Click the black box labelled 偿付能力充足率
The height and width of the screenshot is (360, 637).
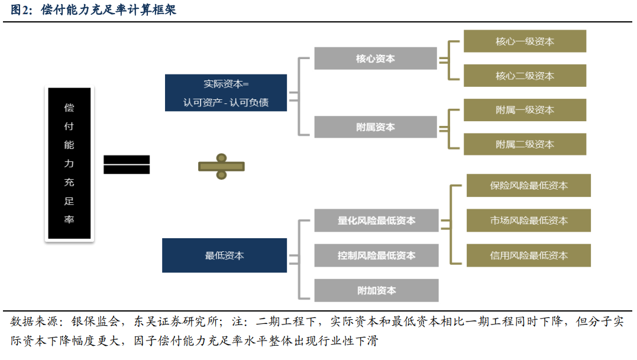[69, 164]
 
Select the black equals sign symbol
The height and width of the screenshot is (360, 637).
[127, 164]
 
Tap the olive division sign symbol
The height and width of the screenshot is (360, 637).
[221, 167]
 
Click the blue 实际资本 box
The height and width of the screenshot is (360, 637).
[225, 93]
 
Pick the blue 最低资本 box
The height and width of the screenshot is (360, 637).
[224, 255]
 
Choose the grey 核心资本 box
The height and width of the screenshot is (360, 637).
[376, 59]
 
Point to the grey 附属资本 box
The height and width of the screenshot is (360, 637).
[376, 127]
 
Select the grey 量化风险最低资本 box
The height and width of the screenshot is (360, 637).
[376, 220]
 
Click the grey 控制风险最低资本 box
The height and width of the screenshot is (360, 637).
[376, 255]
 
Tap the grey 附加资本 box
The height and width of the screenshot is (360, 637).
[376, 290]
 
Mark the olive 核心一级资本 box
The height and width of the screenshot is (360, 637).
[525, 41]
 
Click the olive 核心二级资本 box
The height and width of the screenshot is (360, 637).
[525, 76]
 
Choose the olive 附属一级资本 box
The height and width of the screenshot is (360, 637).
[525, 110]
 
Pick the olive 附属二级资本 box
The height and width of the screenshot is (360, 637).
[525, 144]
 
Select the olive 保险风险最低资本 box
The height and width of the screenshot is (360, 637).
[528, 186]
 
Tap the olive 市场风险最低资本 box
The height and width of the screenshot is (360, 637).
[528, 220]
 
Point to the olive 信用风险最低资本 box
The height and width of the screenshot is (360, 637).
[528, 255]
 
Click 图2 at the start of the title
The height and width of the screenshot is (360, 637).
[20, 10]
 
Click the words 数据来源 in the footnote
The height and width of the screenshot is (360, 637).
[33, 322]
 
